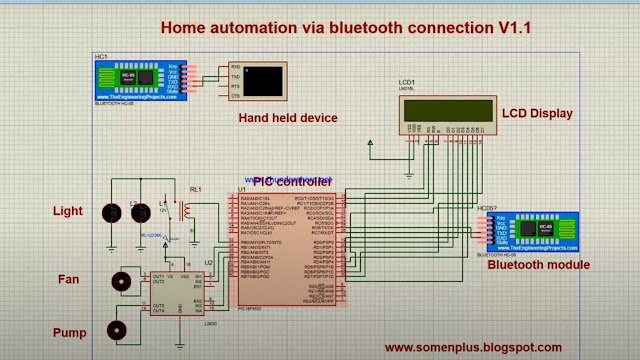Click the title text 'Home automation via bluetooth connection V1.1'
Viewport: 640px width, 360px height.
(345, 27)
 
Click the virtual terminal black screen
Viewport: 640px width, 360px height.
(263, 82)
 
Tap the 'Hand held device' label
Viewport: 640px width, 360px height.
(287, 118)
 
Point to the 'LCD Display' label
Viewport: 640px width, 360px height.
(537, 114)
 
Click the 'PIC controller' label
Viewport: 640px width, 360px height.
(291, 181)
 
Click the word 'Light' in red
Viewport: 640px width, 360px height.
(68, 211)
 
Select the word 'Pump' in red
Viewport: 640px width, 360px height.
(69, 332)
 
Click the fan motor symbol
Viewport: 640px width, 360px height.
(121, 282)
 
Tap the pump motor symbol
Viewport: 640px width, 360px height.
(118, 329)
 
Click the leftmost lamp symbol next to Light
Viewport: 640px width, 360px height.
(111, 211)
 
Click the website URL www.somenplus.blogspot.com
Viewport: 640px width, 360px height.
(473, 347)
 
